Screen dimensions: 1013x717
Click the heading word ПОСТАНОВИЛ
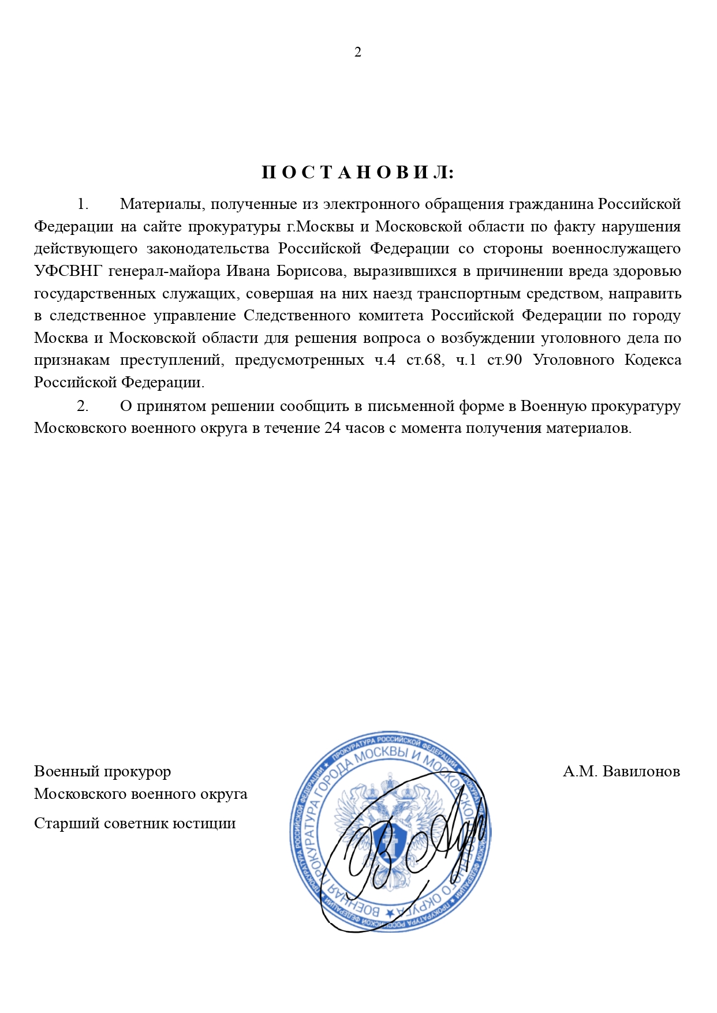(x=358, y=173)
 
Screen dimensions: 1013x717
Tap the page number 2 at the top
(x=358, y=53)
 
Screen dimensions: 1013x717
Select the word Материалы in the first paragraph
(x=161, y=204)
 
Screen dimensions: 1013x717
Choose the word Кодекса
(x=652, y=360)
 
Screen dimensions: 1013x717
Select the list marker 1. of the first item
(x=83, y=204)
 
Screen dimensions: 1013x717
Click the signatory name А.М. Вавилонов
(x=621, y=772)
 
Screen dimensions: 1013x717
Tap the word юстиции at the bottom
(x=208, y=823)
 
